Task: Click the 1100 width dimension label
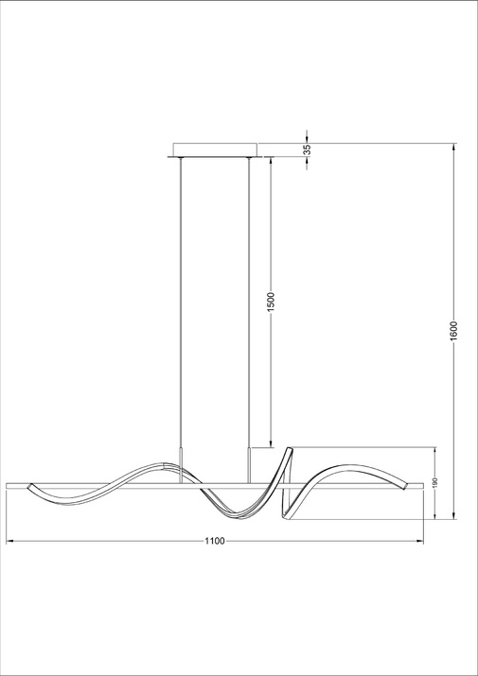[215, 541]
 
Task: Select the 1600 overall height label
[453, 331]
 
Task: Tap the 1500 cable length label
[271, 302]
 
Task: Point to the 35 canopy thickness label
[307, 149]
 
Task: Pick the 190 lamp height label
[434, 483]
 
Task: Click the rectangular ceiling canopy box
[215, 149]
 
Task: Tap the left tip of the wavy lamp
[29, 486]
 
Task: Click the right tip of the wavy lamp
[404, 485]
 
